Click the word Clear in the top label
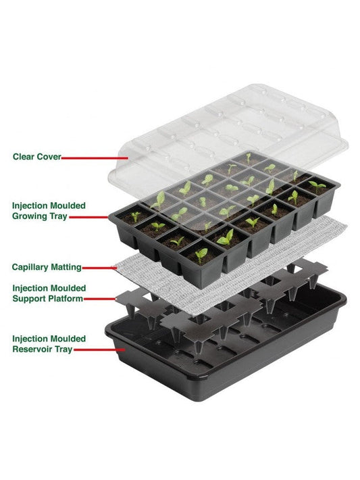coord(23,157)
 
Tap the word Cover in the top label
coord(49,157)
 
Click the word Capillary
coord(30,267)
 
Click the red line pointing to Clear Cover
coord(95,158)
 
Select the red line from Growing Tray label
coord(88,217)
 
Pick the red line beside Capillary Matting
coord(99,268)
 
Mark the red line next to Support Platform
coord(99,299)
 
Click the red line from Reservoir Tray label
coord(99,350)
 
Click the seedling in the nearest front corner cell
coord(201,255)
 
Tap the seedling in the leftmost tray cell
coord(135,217)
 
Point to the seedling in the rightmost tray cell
coord(317,186)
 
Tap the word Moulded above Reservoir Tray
coord(68,339)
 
